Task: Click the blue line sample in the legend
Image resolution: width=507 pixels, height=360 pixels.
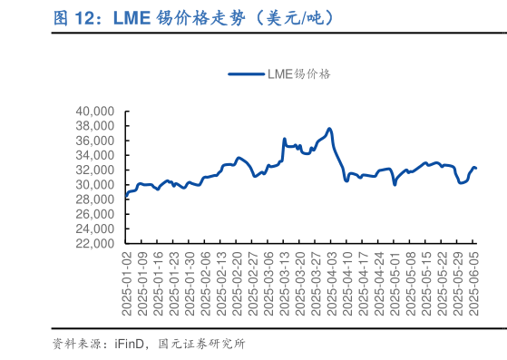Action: (x=246, y=75)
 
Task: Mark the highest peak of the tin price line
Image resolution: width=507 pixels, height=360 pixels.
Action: (x=329, y=129)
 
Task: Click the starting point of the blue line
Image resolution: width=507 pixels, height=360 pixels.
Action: (x=125, y=196)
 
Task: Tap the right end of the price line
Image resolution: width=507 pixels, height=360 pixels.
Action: (x=475, y=168)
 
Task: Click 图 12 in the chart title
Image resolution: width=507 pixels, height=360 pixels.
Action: (x=72, y=16)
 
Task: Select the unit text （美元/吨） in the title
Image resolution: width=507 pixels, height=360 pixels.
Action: (x=295, y=16)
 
